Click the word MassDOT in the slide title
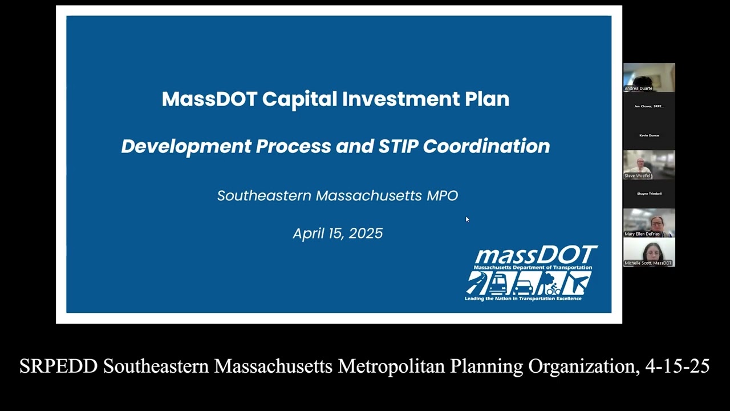[x=209, y=99]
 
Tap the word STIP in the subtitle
[x=398, y=146]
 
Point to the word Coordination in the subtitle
[x=486, y=146]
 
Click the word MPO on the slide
[x=442, y=196]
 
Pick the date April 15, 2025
[x=338, y=233]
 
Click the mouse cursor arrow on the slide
[x=467, y=219]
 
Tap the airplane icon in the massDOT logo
[x=577, y=283]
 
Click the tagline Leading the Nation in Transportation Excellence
[x=523, y=299]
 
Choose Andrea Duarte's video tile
[x=649, y=77]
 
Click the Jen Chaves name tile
[x=649, y=106]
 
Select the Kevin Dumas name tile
[x=649, y=135]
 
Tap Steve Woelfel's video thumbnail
[x=649, y=164]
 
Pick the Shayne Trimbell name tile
[x=649, y=194]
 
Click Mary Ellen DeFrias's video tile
[x=649, y=223]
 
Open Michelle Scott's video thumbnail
[x=649, y=252]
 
